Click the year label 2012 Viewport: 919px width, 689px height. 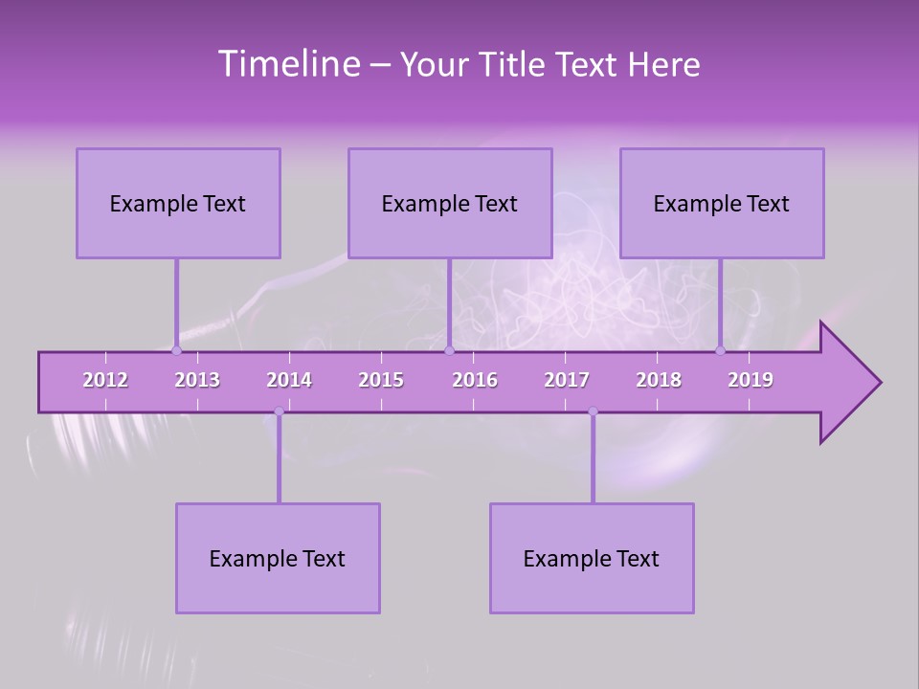tap(105, 380)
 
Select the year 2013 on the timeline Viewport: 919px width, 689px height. tap(197, 380)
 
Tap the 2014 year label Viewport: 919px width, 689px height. tap(289, 380)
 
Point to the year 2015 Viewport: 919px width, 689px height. tap(381, 380)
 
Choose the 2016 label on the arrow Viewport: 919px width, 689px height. tap(475, 380)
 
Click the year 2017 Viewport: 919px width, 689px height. tap(567, 380)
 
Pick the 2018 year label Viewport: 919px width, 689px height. tap(659, 380)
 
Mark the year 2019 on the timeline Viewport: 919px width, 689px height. tap(751, 380)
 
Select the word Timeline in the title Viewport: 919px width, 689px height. tap(287, 64)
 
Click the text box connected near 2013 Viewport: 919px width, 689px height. tap(178, 203)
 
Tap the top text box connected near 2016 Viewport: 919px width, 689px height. tap(450, 203)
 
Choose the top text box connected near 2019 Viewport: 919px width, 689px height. tap(722, 203)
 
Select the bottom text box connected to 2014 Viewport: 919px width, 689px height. tap(278, 558)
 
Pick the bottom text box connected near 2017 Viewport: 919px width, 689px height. tap(592, 558)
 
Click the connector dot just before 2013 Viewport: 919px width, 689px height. tap(176, 350)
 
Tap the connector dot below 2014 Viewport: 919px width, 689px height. tap(279, 411)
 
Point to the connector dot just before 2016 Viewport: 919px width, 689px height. tap(449, 350)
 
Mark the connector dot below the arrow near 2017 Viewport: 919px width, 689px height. tap(593, 411)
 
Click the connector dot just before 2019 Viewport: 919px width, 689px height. tap(720, 350)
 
